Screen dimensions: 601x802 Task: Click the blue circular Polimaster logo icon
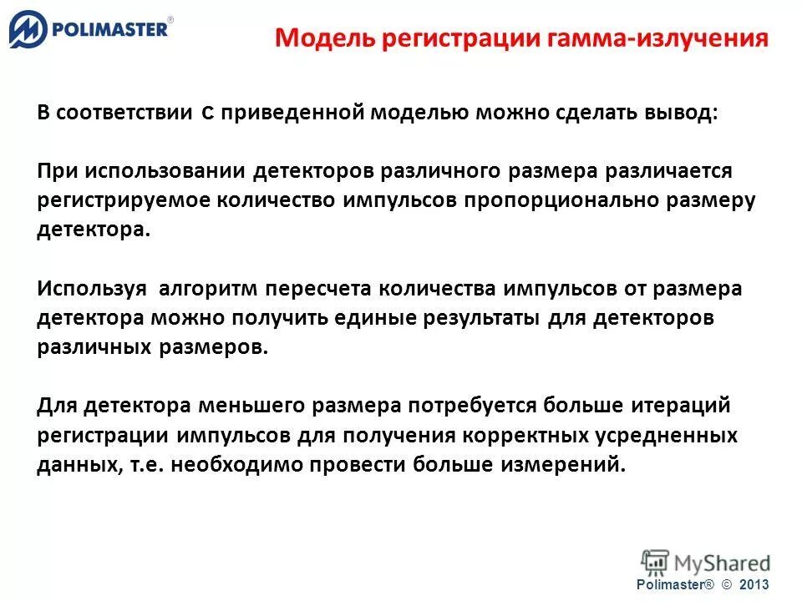click(28, 32)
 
